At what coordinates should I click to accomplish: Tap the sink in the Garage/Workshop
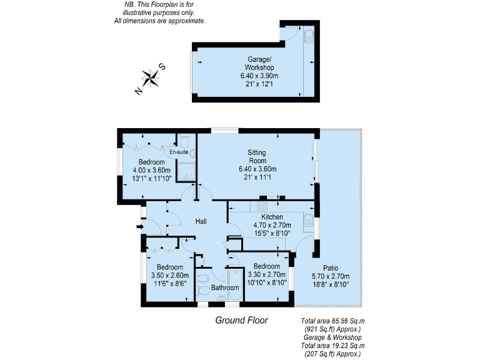click(309, 37)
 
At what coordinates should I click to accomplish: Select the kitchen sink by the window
click(309, 219)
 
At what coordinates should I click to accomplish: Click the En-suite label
click(179, 152)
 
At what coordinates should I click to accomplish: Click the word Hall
click(201, 222)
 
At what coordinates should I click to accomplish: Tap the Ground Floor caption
click(241, 321)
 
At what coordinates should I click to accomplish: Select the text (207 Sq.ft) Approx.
click(331, 354)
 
